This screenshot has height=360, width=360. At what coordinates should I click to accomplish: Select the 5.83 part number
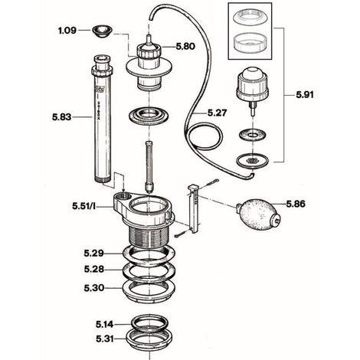click(x=63, y=118)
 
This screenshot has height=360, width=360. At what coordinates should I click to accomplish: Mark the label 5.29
click(x=94, y=253)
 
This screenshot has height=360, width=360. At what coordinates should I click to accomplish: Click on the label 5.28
click(x=94, y=270)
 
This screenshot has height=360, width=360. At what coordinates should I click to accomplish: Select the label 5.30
click(x=94, y=288)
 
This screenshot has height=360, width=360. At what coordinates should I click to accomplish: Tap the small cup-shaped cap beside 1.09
click(x=100, y=31)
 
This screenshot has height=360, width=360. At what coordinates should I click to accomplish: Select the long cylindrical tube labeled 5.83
click(x=103, y=123)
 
